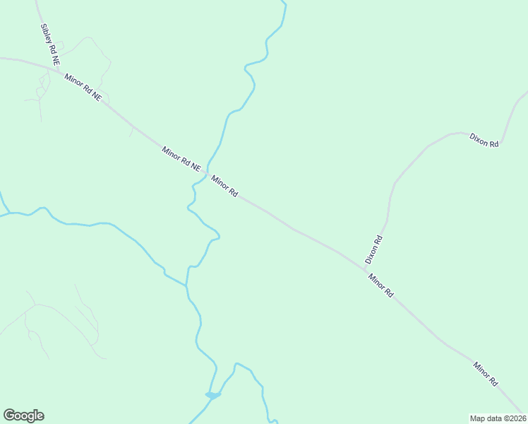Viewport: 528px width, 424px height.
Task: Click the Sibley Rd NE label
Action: click(x=49, y=41)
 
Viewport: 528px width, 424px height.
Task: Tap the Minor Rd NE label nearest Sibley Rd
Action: click(x=83, y=86)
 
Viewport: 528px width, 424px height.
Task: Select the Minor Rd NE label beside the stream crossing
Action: click(x=181, y=158)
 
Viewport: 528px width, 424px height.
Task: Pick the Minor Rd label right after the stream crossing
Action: click(x=224, y=187)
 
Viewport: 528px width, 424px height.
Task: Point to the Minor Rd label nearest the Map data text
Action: click(x=486, y=374)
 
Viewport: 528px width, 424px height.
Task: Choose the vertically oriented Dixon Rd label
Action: click(x=373, y=249)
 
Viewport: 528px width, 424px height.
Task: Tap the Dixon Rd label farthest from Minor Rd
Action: click(x=484, y=139)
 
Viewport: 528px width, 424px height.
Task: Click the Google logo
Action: click(x=23, y=416)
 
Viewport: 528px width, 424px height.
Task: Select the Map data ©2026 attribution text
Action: click(x=498, y=418)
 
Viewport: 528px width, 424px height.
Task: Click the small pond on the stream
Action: click(x=212, y=395)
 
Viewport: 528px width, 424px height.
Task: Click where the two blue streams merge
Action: click(x=187, y=285)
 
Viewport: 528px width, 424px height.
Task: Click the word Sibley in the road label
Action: click(x=45, y=33)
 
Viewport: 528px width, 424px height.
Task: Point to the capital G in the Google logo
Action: click(x=9, y=416)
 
